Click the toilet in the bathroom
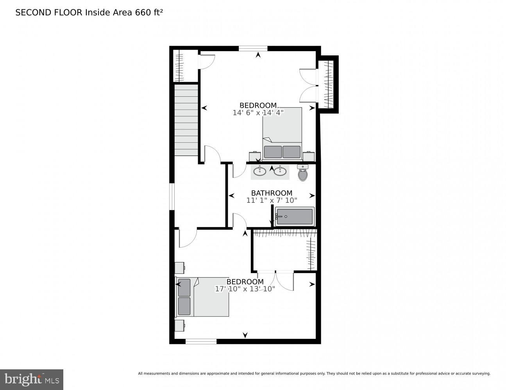(303, 173)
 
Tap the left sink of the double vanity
(260, 171)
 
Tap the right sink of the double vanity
(280, 171)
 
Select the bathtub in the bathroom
(295, 216)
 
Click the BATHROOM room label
(272, 193)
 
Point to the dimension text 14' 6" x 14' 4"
(258, 113)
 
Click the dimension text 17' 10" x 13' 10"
(245, 289)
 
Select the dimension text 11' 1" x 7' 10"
(272, 200)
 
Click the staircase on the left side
(186, 120)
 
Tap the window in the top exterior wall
(253, 48)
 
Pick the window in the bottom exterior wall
(201, 342)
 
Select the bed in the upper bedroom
(282, 133)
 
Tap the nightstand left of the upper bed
(255, 156)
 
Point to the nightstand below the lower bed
(179, 326)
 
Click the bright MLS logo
(32, 379)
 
